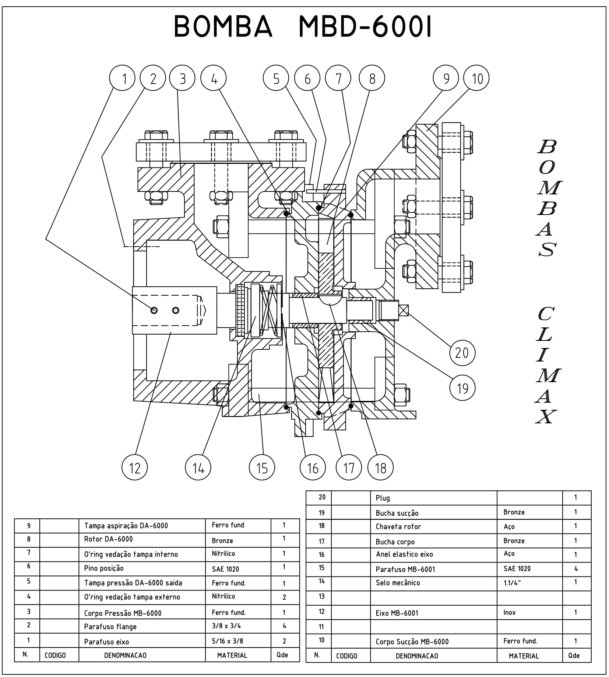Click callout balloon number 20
coord(462,353)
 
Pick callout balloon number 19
coord(462,388)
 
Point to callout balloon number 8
coord(372,78)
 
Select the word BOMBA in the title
coord(223,27)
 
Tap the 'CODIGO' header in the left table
coord(55,656)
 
